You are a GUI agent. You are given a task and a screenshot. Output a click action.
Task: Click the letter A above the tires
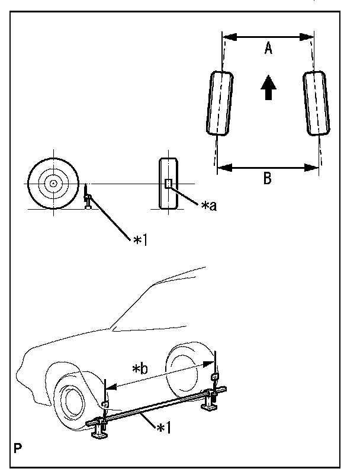268,48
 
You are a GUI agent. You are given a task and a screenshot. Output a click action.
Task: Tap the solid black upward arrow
268,88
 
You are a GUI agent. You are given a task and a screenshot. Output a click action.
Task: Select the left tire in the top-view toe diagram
220,103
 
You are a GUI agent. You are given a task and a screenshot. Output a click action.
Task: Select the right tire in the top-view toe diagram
316,103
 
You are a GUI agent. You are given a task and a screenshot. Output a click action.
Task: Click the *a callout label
209,206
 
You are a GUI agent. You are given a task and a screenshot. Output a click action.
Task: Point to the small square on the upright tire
168,184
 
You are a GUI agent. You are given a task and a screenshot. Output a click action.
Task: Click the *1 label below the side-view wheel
140,240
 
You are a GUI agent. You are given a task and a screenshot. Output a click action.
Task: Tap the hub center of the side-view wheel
53,183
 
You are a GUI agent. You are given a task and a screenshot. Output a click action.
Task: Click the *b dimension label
140,369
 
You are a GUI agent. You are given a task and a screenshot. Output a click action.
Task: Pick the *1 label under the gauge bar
163,428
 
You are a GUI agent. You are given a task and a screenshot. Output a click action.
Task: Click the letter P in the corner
18,448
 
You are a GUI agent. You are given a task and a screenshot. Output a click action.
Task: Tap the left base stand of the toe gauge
99,431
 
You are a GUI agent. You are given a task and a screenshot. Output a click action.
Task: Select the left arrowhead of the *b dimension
112,387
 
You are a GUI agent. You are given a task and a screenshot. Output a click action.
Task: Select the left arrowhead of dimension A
230,37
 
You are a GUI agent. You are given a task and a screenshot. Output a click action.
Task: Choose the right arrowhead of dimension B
311,168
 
